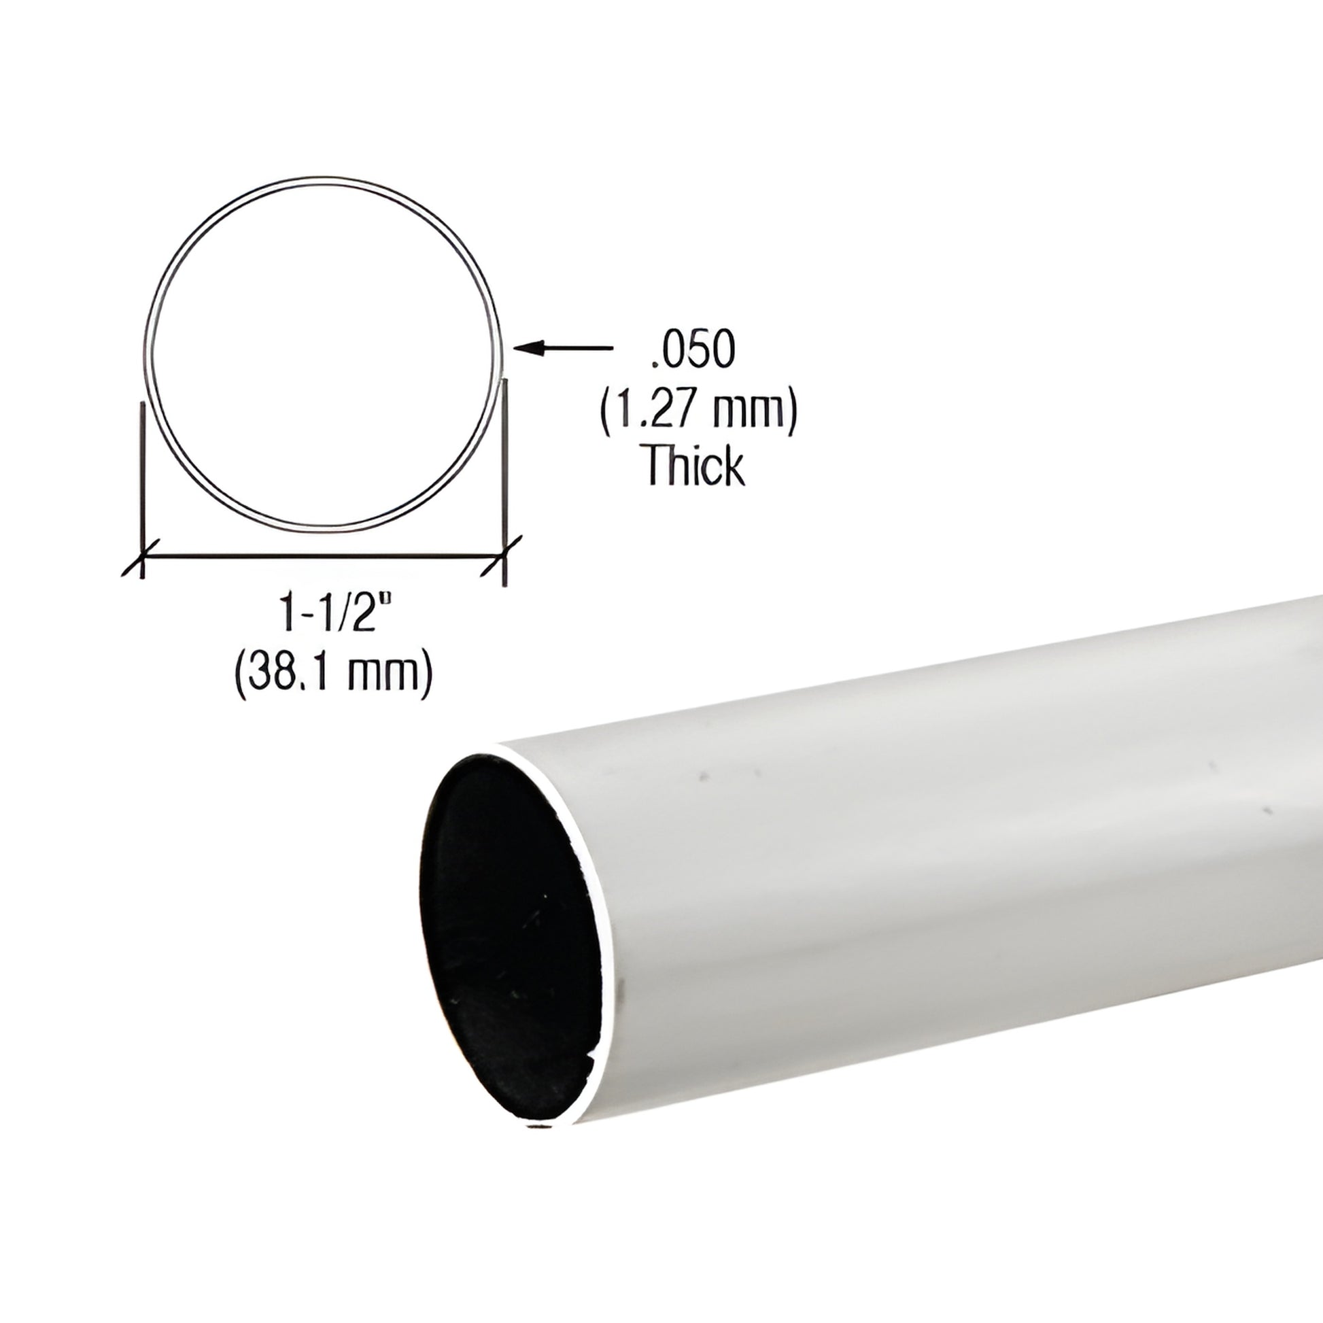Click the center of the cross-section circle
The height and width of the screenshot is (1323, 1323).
click(322, 356)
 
